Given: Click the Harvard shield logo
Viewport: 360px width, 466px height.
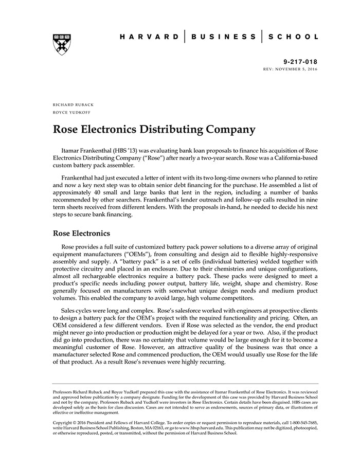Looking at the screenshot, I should (61, 44).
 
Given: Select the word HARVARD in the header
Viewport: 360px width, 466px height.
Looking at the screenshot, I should (149, 37).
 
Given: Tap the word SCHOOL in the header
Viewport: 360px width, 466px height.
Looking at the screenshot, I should (294, 37).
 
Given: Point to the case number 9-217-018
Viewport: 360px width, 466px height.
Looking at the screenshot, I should (300, 61).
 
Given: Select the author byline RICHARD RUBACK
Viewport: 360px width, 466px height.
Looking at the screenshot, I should (73, 104).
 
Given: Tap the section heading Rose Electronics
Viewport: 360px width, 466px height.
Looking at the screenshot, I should (82, 234).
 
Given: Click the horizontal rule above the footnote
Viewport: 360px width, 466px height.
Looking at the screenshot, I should (186, 384).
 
